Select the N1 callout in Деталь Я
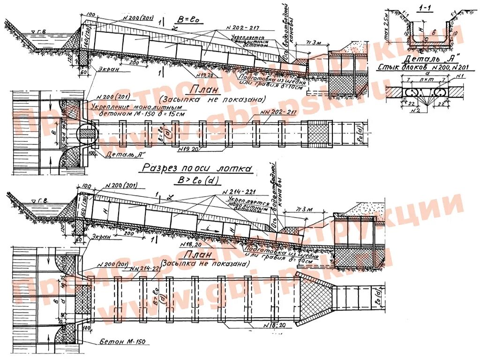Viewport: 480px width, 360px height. point(460,76)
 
